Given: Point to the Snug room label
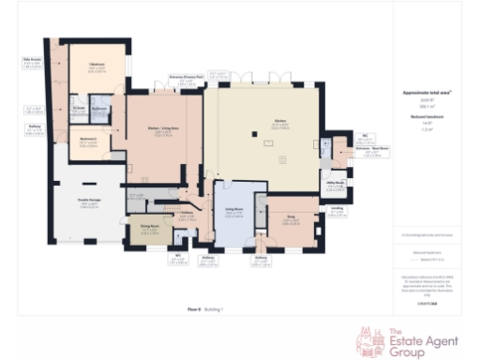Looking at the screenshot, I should [x=289, y=217].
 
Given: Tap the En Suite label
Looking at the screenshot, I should [x=80, y=109].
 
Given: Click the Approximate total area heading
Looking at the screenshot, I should [x=433, y=92].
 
